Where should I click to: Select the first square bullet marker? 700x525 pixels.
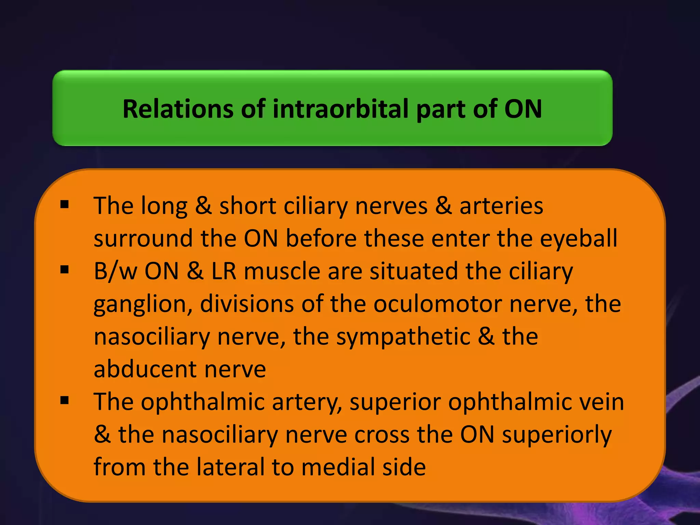64,205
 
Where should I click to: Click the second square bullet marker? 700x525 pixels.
64,270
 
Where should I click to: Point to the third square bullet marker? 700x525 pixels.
64,400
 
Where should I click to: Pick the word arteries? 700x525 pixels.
501,206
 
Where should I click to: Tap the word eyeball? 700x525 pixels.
579,238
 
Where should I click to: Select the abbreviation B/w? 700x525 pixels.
115,271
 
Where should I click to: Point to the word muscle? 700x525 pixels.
282,271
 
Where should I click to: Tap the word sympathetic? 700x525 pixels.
403,337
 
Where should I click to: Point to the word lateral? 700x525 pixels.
231,467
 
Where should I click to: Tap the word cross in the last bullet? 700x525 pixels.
382,435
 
